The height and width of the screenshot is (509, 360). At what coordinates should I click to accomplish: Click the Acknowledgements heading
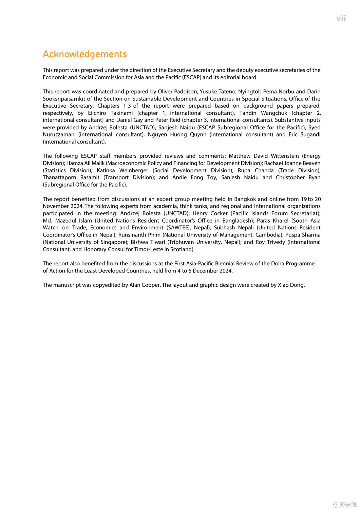[85, 54]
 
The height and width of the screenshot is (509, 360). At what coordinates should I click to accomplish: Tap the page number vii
[341, 19]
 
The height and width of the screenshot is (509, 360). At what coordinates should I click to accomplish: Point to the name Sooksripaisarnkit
[68, 99]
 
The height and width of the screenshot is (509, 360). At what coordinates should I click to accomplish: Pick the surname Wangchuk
[274, 113]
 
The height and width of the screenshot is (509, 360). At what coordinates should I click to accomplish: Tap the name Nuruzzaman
[58, 134]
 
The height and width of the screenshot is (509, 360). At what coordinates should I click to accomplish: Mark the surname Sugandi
[310, 134]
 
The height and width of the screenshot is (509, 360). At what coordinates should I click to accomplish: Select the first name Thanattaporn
[59, 177]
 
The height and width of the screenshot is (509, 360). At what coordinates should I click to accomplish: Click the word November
[55, 206]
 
